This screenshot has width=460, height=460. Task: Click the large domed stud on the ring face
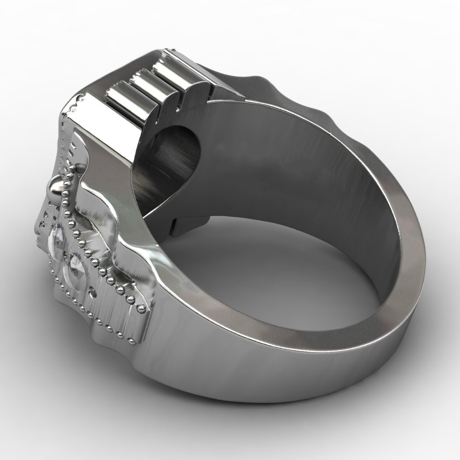tap(55, 187)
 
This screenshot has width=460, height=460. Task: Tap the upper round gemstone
tap(57, 237)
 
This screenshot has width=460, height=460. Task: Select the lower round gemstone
tap(76, 271)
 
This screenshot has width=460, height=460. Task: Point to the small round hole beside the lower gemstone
tap(94, 293)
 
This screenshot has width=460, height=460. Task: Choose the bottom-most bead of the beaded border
tap(133, 342)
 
